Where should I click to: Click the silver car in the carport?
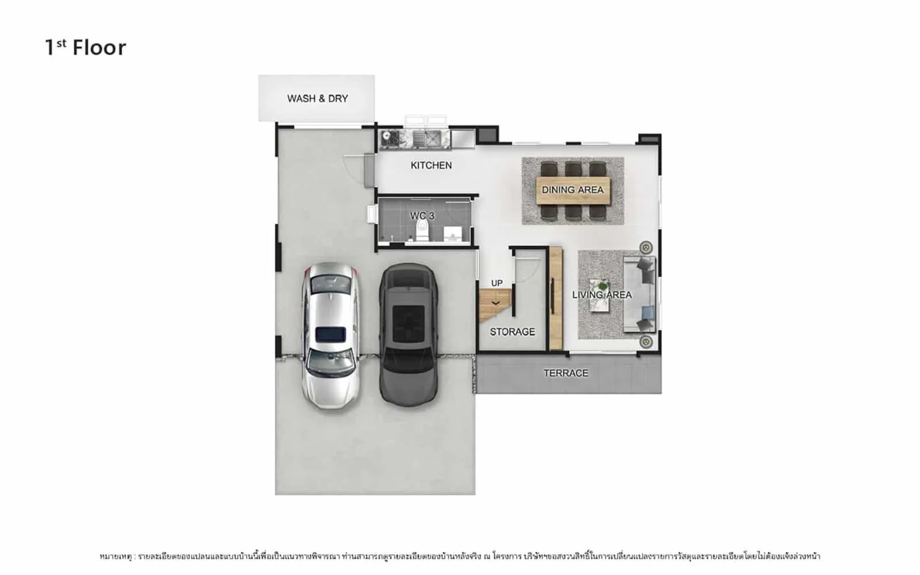[x=331, y=336]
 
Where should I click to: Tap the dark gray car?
[x=408, y=335]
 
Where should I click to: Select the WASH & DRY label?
[x=317, y=98]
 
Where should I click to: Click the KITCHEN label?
[x=431, y=165]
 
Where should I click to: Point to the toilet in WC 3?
[x=422, y=230]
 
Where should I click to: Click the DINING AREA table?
[x=573, y=190]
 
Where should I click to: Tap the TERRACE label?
[x=566, y=373]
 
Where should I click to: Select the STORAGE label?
[x=512, y=331]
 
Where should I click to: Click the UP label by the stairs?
[x=497, y=283]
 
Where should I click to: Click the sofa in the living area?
[x=639, y=294]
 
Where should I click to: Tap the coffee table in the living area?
[x=600, y=296]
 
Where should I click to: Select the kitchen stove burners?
[x=389, y=139]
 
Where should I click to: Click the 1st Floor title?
[x=86, y=47]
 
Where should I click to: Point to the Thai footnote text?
[x=460, y=556]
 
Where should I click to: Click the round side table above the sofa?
[x=646, y=247]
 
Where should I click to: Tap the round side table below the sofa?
[x=646, y=342]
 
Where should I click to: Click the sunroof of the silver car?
[x=331, y=334]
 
